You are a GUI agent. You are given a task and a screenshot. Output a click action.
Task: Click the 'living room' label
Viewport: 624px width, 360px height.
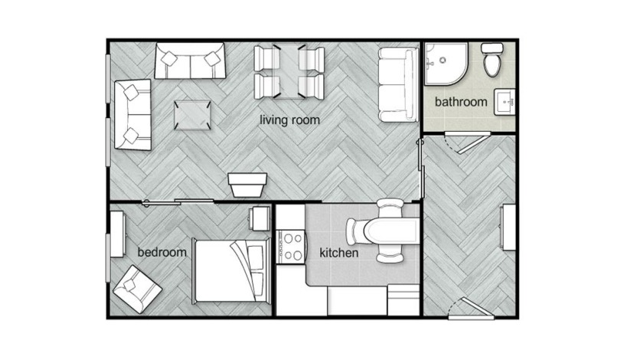click(x=289, y=120)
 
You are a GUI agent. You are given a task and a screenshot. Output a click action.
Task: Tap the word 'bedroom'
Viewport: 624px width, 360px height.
click(x=162, y=252)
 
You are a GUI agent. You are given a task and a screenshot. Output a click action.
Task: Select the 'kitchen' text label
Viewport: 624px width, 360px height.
click(x=338, y=253)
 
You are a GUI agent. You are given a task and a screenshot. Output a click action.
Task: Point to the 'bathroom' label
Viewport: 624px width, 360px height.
click(x=461, y=102)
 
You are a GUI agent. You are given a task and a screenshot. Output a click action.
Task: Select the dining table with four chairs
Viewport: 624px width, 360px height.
click(x=289, y=72)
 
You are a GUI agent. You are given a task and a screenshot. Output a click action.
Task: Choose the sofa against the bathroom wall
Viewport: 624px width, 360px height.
click(x=396, y=84)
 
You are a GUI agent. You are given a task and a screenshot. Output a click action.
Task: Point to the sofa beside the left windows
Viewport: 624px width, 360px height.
click(x=132, y=114)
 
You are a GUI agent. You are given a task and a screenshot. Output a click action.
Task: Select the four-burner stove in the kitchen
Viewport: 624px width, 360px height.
click(x=290, y=247)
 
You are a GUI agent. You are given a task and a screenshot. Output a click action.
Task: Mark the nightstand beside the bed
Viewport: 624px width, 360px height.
click(x=260, y=219)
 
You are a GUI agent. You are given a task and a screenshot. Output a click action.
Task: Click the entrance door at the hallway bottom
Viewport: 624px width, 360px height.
click(x=467, y=308)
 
